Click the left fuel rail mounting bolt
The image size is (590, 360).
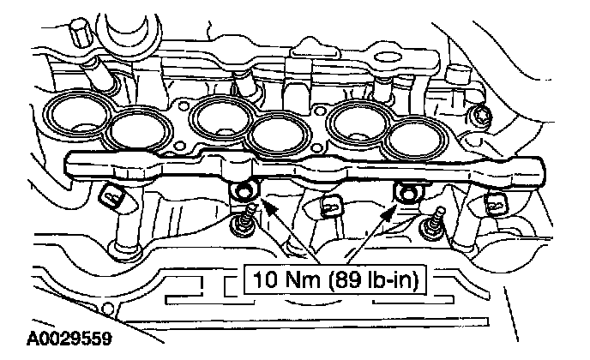pyautogui.click(x=248, y=190)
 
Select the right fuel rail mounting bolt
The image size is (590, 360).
pyautogui.click(x=401, y=190)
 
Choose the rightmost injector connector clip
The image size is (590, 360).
pyautogui.click(x=495, y=202)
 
